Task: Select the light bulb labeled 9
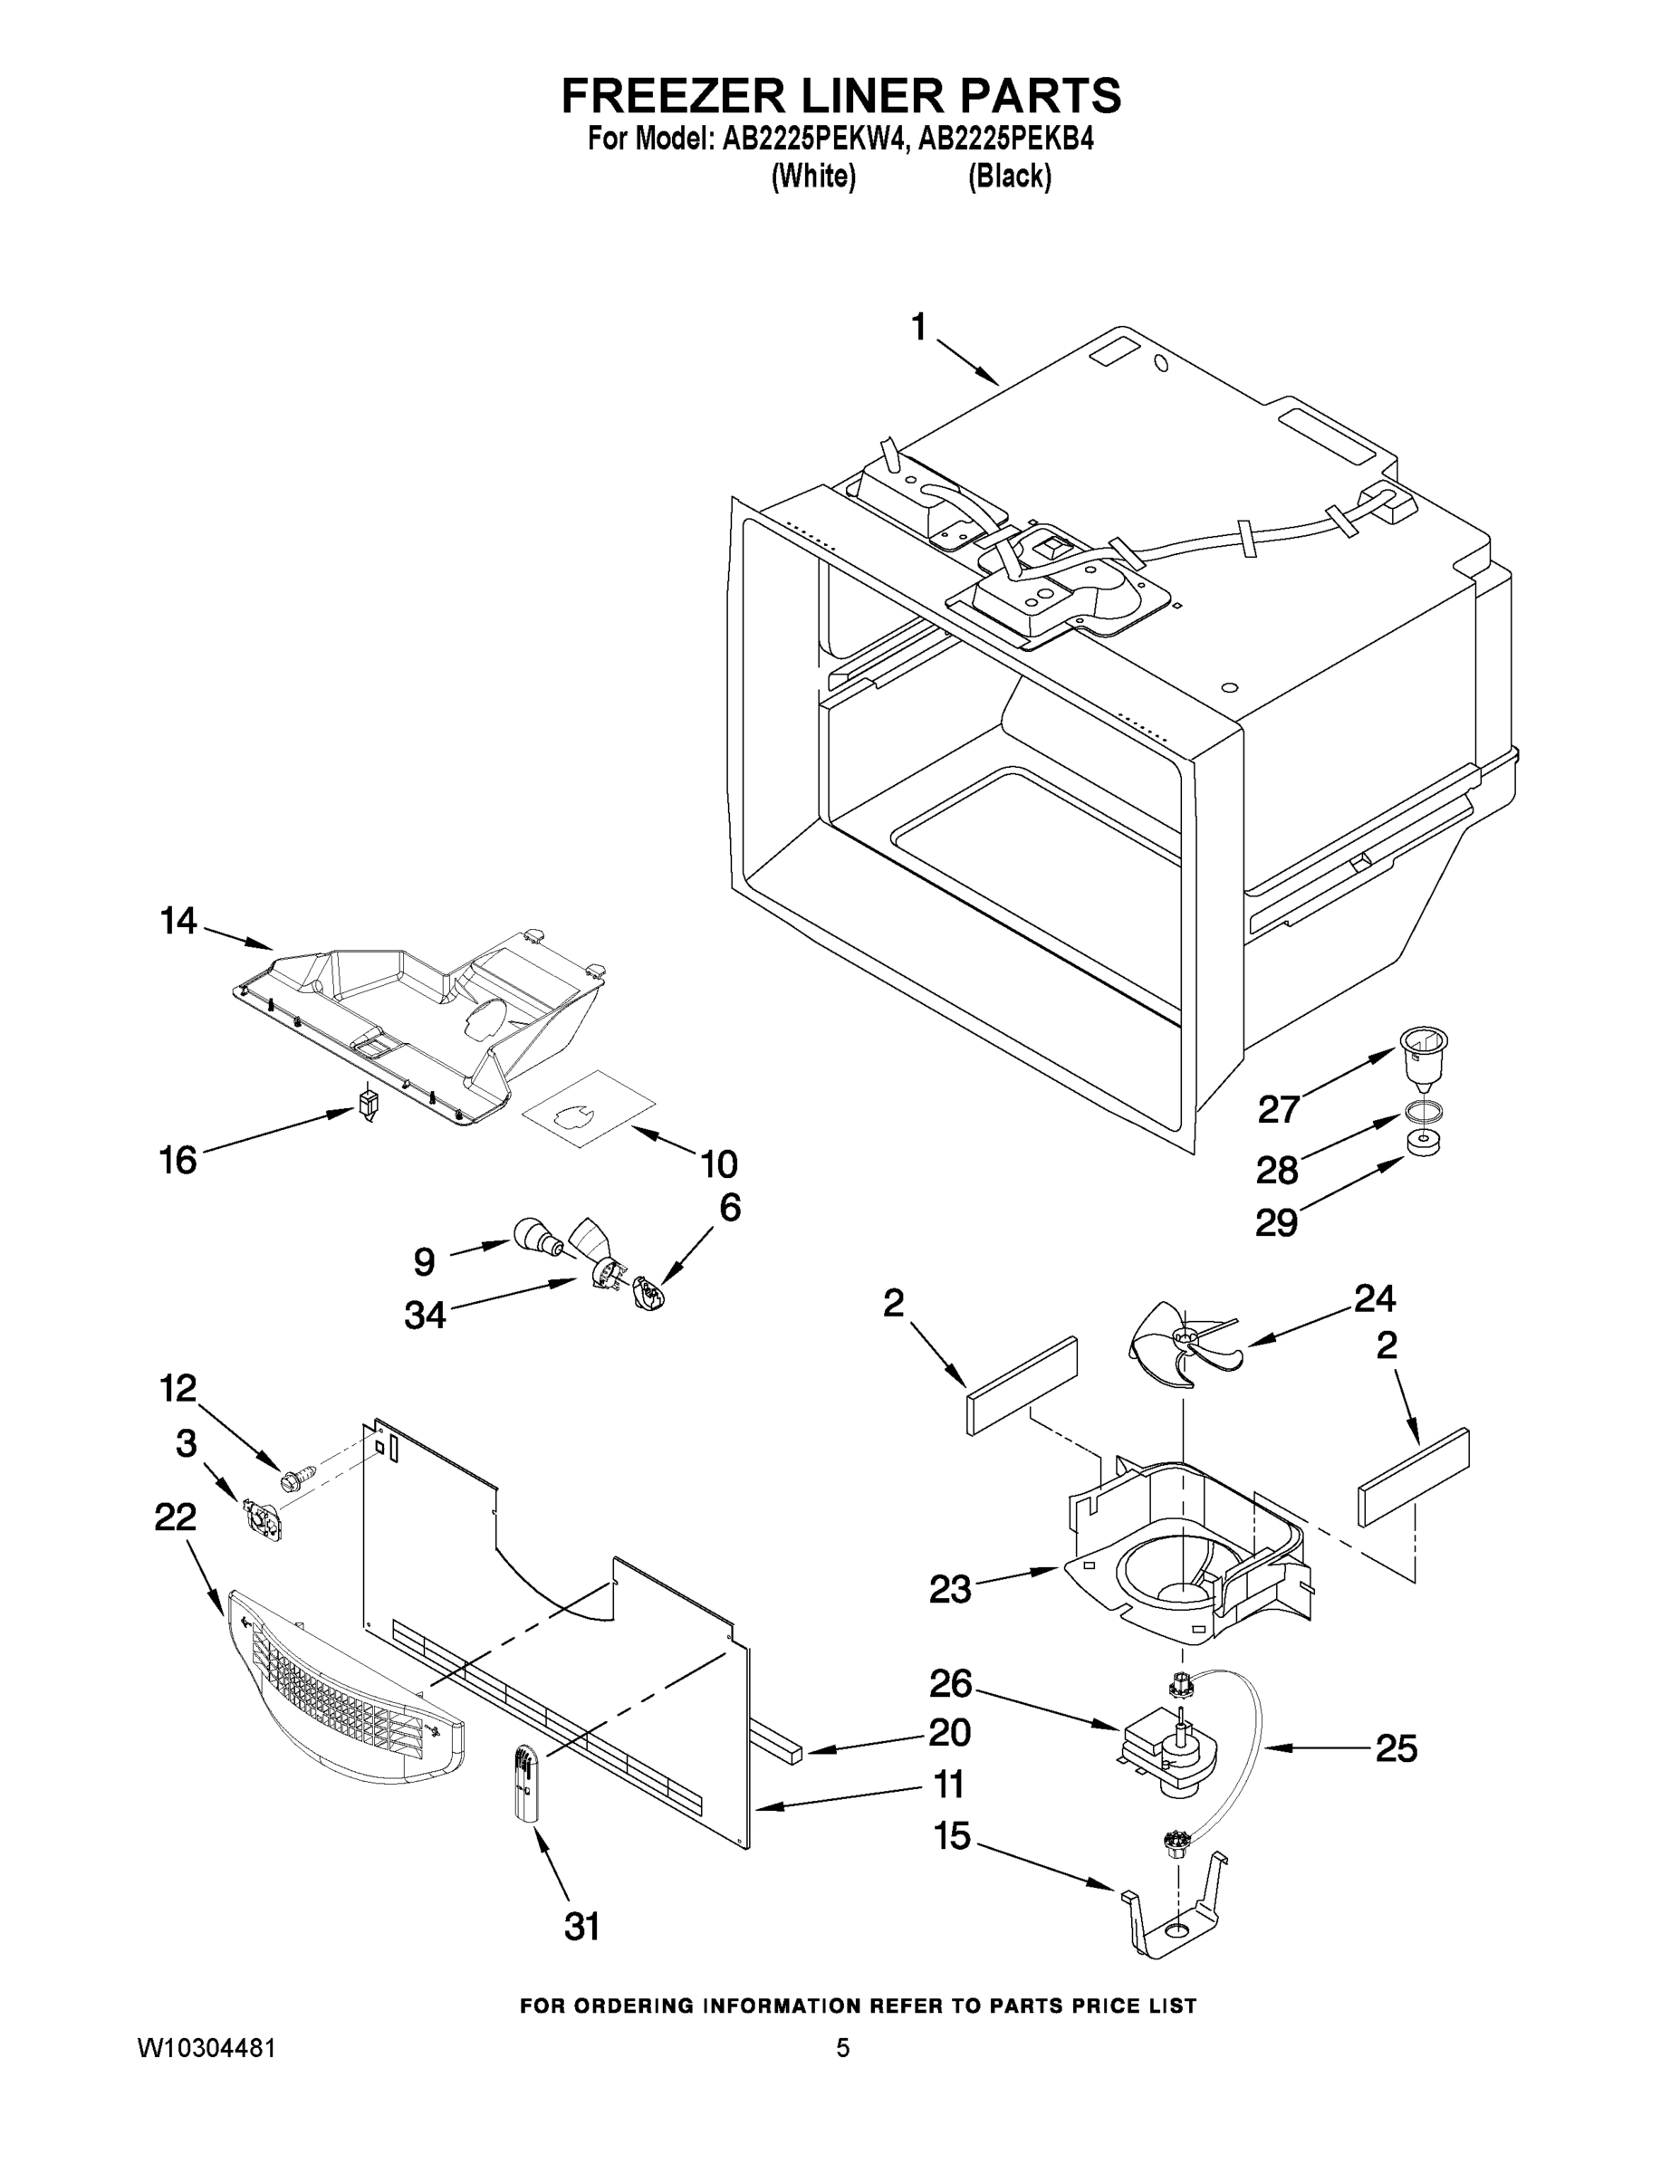[537, 1238]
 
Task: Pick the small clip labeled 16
[369, 1105]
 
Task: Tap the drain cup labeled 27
[1422, 1059]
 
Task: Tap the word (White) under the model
[814, 177]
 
